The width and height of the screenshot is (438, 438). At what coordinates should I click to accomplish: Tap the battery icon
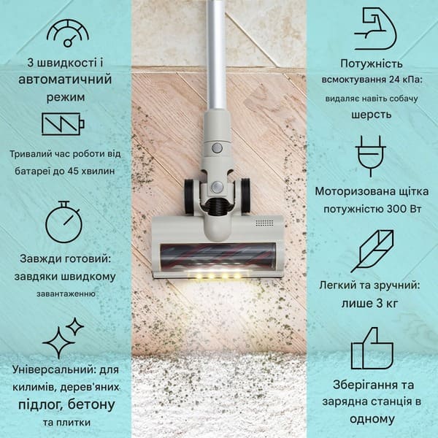coord(63,124)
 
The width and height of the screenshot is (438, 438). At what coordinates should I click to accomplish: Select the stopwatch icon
coord(64,222)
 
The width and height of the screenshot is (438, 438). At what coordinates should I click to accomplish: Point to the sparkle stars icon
coord(63,338)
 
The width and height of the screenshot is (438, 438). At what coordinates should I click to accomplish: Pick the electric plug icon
coord(371,156)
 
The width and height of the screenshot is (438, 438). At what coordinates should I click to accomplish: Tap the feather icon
coord(372,251)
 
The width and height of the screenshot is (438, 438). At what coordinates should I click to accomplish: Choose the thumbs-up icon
coord(372,349)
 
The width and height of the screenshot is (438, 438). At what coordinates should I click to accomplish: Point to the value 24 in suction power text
coord(394,80)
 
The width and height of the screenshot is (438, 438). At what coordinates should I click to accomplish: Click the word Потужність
coord(372,64)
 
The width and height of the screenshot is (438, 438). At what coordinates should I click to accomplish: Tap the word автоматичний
coord(65,80)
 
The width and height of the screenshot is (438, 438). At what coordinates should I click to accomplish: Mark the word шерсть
coord(372,115)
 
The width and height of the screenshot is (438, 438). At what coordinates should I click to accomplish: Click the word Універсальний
coord(55,369)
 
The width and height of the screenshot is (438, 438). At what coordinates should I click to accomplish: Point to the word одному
coord(372,419)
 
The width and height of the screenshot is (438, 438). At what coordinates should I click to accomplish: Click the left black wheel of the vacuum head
coord(191,196)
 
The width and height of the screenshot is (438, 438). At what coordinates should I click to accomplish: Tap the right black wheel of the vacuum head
coord(245,194)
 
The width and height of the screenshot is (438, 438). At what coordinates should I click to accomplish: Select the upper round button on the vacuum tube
coord(217,147)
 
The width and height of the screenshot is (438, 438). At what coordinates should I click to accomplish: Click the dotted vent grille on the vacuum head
coord(264,223)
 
